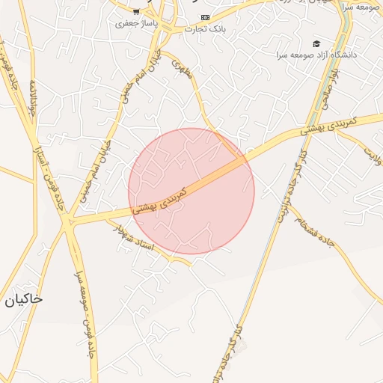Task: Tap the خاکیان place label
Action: (x=23, y=299)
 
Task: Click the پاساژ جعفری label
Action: (x=134, y=23)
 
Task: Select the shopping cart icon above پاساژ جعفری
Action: (x=136, y=10)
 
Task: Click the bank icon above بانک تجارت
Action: (x=206, y=17)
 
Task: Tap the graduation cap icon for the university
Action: (x=316, y=44)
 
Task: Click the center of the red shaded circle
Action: (x=191, y=191)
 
